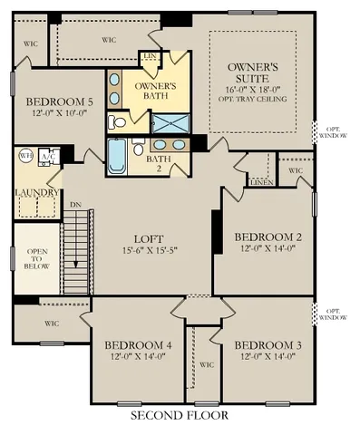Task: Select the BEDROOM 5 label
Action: pyautogui.click(x=60, y=101)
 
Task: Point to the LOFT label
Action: pyautogui.click(x=149, y=240)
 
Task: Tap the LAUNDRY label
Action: pyautogui.click(x=36, y=193)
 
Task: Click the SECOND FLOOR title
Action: pyautogui.click(x=179, y=415)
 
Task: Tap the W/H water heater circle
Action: pyautogui.click(x=25, y=155)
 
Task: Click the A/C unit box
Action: pyautogui.click(x=48, y=155)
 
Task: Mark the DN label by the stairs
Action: pyautogui.click(x=75, y=205)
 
